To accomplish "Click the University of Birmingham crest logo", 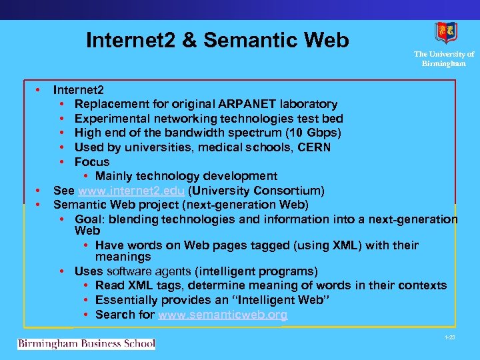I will pyautogui.click(x=446, y=33).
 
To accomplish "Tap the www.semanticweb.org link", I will pyautogui.click(x=223, y=315).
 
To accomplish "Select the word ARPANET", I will pyautogui.click(x=244, y=104).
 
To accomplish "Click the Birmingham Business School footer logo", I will pyautogui.click(x=86, y=344).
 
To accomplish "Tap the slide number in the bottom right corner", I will pyautogui.click(x=450, y=339).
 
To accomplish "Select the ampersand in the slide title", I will pyautogui.click(x=189, y=41).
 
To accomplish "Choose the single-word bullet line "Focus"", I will pyautogui.click(x=92, y=162).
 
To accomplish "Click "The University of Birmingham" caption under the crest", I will pyautogui.click(x=443, y=59).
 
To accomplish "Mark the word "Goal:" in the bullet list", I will pyautogui.click(x=91, y=219).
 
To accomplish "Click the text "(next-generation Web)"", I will pyautogui.click(x=270, y=205).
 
